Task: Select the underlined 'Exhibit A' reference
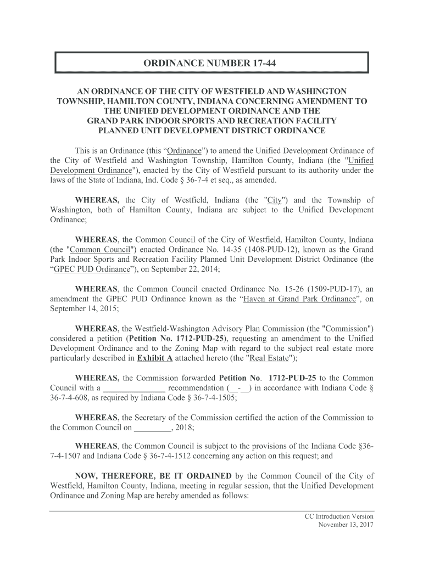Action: coord(154,358)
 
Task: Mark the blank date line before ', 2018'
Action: coord(153,428)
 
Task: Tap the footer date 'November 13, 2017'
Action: coord(346,525)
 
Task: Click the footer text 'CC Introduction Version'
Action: coord(339,516)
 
